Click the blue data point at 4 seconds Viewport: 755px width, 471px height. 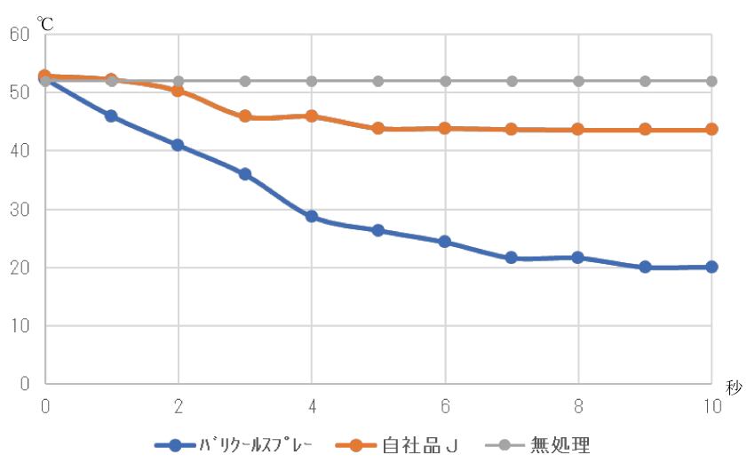coord(312,216)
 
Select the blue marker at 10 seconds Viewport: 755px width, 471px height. coord(711,267)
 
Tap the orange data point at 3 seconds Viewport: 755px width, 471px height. coord(245,116)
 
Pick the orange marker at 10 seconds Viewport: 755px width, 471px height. coord(711,129)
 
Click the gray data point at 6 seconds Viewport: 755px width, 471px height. coord(445,81)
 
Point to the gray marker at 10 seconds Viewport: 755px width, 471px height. coord(711,81)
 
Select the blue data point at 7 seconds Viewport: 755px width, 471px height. coord(512,258)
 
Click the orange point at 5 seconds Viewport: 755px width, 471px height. coord(378,128)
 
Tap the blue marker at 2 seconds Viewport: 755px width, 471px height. coord(179,145)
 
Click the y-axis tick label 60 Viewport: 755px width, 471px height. coord(20,35)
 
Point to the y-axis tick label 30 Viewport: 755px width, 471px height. coord(20,210)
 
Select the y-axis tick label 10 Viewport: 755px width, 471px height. coord(20,326)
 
